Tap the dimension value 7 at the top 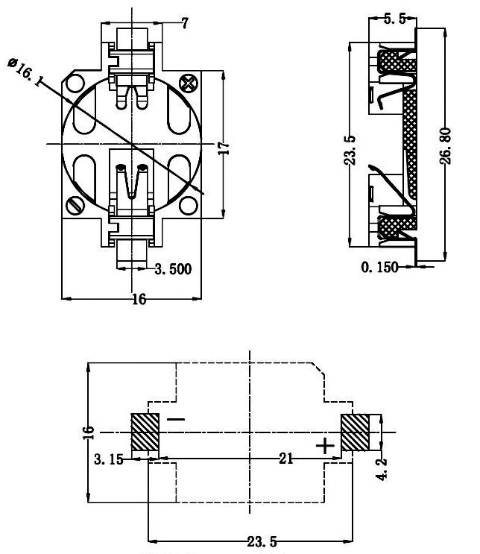pyautogui.click(x=185, y=23)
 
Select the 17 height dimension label pyautogui.click(x=224, y=148)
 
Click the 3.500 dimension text pyautogui.click(x=173, y=269)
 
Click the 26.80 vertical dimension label pyautogui.click(x=446, y=146)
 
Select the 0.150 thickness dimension pyautogui.click(x=379, y=267)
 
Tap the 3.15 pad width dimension pyautogui.click(x=109, y=459)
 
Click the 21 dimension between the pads pyautogui.click(x=285, y=459)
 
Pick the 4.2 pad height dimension pyautogui.click(x=382, y=469)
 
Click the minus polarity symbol pyautogui.click(x=176, y=419)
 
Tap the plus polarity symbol pyautogui.click(x=325, y=446)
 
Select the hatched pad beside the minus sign pyautogui.click(x=145, y=432)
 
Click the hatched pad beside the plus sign pyautogui.click(x=355, y=432)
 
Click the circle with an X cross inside pyautogui.click(x=189, y=84)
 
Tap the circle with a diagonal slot pyautogui.click(x=75, y=206)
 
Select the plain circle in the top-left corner pyautogui.click(x=75, y=84)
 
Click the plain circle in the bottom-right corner pyautogui.click(x=189, y=205)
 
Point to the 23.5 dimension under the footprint pyautogui.click(x=262, y=541)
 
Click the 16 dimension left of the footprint pyautogui.click(x=89, y=432)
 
